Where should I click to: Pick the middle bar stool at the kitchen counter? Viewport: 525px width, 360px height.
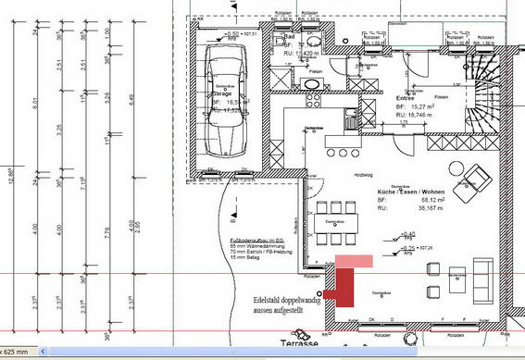(x=344, y=152)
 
